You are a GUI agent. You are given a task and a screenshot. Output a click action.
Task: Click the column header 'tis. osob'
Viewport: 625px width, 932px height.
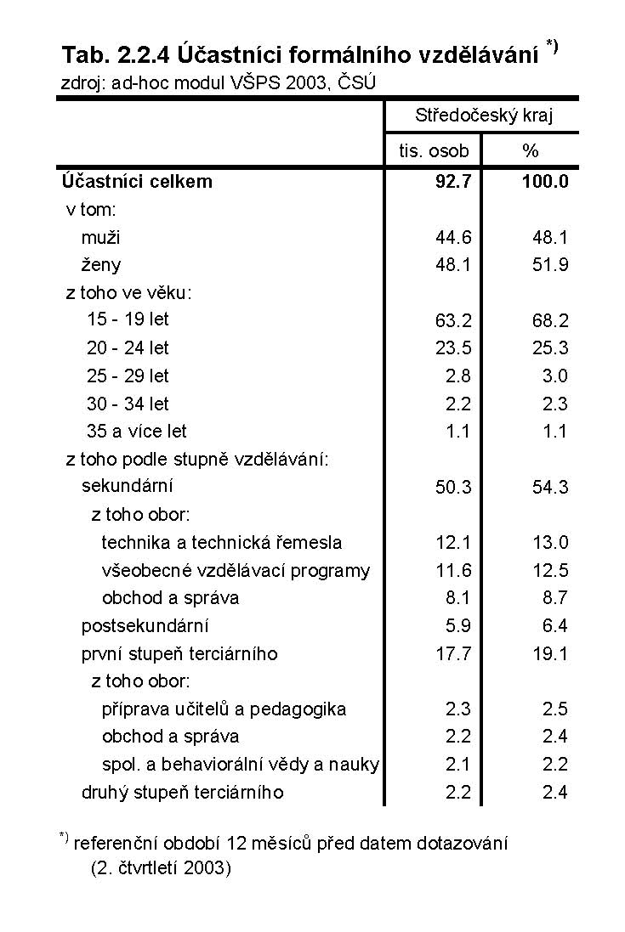pos(434,151)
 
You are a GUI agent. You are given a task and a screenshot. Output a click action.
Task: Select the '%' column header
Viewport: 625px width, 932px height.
pos(531,151)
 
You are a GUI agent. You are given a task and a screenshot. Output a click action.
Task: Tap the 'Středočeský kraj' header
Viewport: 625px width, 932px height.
pos(483,116)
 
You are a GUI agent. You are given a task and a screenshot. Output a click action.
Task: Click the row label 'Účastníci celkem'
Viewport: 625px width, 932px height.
pos(137,181)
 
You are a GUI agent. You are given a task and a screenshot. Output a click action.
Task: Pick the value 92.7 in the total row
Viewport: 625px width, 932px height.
pos(452,181)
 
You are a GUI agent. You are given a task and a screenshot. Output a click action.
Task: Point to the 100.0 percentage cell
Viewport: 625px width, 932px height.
pos(545,181)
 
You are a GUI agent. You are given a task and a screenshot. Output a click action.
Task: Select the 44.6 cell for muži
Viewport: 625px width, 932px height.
pos(452,237)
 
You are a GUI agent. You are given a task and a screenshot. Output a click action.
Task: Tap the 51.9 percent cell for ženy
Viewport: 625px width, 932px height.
pos(550,265)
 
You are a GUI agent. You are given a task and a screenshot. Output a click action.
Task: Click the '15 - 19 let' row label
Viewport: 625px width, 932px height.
pos(128,320)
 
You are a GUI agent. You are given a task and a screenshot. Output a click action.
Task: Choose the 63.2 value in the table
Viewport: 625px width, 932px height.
pos(452,321)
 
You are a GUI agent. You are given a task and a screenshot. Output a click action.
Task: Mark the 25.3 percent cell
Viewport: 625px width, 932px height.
pos(550,348)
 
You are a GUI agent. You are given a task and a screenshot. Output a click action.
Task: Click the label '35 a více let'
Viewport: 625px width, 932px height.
pos(137,431)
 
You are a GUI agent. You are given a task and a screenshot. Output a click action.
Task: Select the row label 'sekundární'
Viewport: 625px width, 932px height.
pos(128,487)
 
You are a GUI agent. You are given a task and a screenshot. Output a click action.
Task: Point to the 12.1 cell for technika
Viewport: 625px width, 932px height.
pos(452,543)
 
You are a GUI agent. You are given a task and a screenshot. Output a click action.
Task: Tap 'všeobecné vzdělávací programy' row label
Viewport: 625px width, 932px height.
pos(236,570)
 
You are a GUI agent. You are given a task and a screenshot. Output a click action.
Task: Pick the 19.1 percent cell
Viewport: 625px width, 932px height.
pos(550,654)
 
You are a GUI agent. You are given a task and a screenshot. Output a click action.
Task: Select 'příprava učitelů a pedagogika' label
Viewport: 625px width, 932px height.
pos(224,709)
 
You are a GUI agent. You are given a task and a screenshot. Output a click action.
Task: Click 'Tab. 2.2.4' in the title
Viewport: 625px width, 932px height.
pos(116,56)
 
